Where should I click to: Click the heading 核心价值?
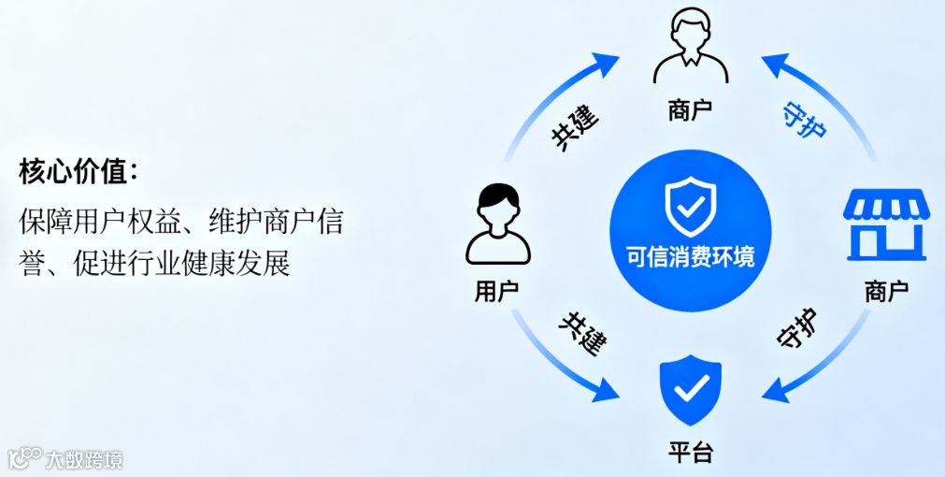point(79,173)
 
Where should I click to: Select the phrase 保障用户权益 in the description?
point(90,223)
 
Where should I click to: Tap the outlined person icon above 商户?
point(692,47)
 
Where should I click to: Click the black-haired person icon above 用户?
point(497,224)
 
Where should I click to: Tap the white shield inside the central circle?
point(690,205)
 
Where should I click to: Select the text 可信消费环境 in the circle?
point(691,255)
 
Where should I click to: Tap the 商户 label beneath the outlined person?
point(691,110)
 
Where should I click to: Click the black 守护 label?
point(797,329)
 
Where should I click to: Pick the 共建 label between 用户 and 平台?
point(580,332)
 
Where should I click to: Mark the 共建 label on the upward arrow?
point(575,128)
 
